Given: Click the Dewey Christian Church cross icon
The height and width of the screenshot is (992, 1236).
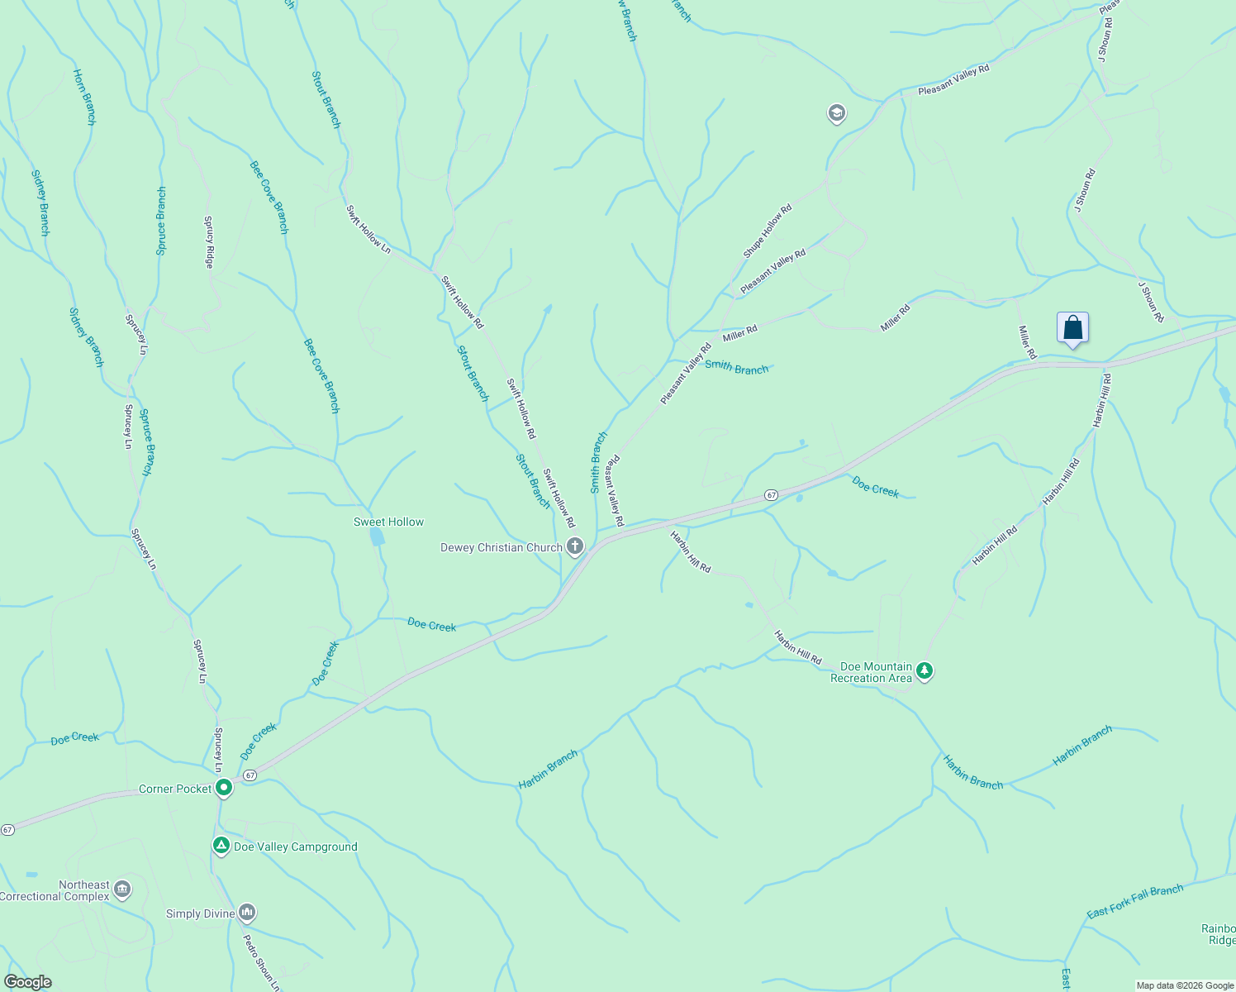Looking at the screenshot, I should coord(575,546).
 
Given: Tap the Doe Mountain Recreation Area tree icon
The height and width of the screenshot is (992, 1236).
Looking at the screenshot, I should coord(925,671).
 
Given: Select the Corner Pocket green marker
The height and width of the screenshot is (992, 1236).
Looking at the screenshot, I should coord(223,789).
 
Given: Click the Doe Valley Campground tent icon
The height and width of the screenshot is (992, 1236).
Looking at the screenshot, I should coord(221,846).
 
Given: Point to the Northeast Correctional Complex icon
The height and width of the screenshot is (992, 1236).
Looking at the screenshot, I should coord(122,889).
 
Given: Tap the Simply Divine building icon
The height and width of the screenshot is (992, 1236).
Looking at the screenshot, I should coord(246,913).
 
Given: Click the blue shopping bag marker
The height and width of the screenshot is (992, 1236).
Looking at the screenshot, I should coord(1072,328).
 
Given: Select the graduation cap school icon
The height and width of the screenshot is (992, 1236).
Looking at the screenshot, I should coord(836,113).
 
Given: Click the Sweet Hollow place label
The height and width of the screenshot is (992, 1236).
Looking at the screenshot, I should coord(388,522).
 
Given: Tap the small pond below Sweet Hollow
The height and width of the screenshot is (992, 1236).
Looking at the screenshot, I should coord(377,537).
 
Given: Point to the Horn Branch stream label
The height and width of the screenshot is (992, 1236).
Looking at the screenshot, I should coord(84,97).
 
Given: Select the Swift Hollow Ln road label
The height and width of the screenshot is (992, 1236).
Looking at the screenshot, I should coord(368,229).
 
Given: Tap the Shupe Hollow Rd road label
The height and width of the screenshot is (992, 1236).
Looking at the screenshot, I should coord(767,231).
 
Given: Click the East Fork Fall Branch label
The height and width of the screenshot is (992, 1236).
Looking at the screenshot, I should coord(1134,901).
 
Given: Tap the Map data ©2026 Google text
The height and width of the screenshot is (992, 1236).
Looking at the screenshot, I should coord(1184,985).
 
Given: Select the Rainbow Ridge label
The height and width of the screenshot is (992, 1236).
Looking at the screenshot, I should coord(1219,934).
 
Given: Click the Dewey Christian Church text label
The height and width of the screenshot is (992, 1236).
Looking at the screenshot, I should coord(501,547).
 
